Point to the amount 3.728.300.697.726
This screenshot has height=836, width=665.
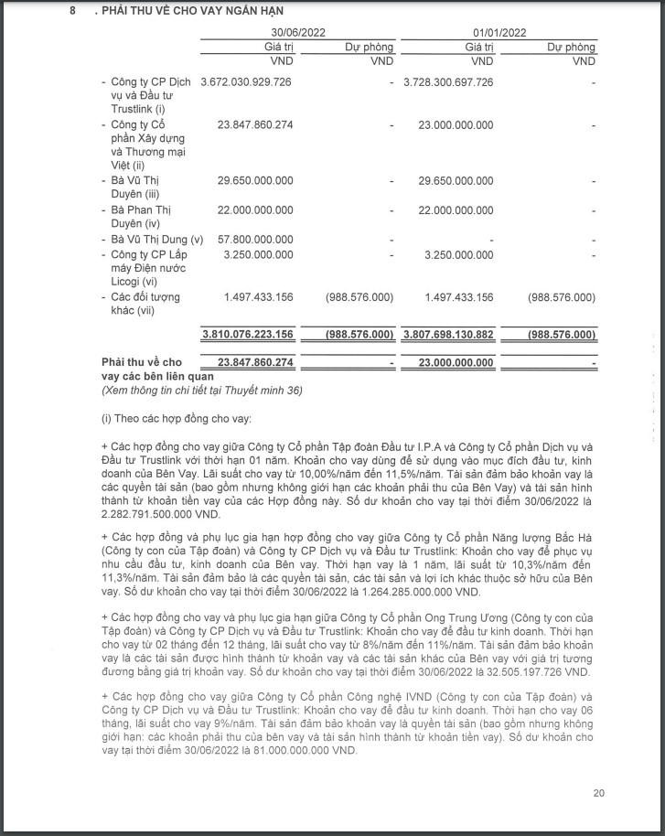(x=448, y=82)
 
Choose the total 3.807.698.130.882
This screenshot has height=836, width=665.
(x=447, y=334)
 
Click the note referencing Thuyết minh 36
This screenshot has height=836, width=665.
(x=201, y=391)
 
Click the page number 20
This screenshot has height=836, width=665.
(x=598, y=793)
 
